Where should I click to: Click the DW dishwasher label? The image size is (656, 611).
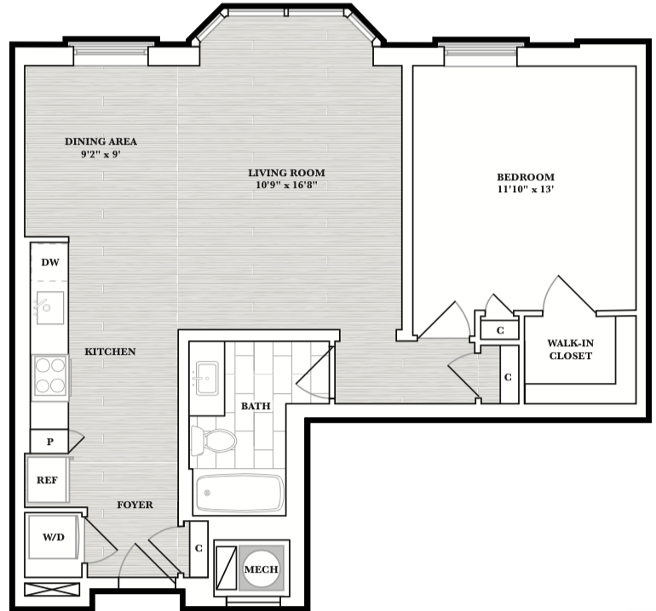coord(50,262)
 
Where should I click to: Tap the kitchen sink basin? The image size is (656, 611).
coord(50,307)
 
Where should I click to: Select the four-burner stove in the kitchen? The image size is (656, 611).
coord(50,378)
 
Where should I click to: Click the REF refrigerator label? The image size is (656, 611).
coord(47,480)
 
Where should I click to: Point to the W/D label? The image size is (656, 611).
coord(54,537)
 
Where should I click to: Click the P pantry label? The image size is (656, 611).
coord(50,442)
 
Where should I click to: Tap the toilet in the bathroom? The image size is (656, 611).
coord(213,441)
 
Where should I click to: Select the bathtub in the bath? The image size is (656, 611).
coord(239,493)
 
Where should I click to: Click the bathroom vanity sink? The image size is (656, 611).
coord(207,379)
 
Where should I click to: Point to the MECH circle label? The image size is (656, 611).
coord(261,569)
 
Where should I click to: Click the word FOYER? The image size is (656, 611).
coord(135,505)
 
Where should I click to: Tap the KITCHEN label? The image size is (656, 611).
coord(110,351)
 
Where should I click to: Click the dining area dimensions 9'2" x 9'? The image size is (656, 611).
coord(101,154)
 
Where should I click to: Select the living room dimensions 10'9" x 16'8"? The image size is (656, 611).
coord(286,185)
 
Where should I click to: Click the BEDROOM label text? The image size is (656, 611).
coord(526,177)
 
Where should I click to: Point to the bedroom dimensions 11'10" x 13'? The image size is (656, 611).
coord(526,189)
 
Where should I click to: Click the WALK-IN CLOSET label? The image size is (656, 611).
coord(571,350)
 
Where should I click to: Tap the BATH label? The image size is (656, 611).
coord(256,406)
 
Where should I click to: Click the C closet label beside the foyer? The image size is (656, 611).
coord(199,548)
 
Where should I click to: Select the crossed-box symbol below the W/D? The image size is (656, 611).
coord(52,589)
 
